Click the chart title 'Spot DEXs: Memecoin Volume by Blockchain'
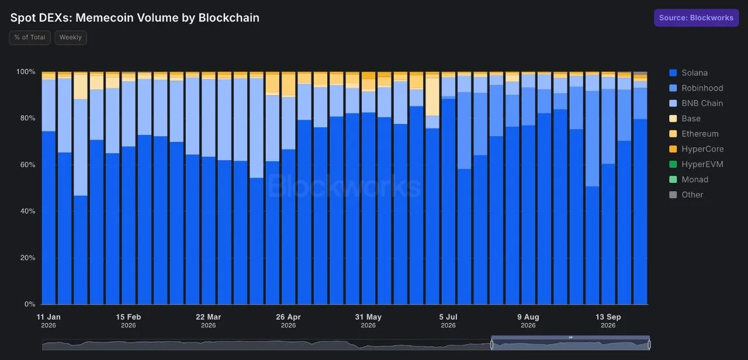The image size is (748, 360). (134, 18)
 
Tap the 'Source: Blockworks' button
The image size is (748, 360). (696, 18)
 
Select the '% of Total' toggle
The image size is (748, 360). (30, 37)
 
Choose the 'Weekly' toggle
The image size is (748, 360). (71, 37)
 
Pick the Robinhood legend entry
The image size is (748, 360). (696, 88)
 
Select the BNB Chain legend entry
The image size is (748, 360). (696, 103)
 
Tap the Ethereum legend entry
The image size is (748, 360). (694, 134)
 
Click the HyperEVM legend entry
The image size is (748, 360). (696, 164)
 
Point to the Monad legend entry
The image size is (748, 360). (688, 179)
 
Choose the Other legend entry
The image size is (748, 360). (686, 195)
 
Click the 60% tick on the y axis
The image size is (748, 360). (27, 165)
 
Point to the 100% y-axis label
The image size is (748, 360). (26, 72)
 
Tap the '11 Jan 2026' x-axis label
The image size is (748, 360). (49, 321)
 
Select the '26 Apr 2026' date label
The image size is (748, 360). (288, 321)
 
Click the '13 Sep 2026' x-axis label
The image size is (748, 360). (608, 321)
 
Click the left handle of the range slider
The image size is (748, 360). (491, 344)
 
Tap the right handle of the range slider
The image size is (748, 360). (649, 344)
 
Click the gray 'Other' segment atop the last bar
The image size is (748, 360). (640, 73)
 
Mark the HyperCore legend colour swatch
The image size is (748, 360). (673, 149)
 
